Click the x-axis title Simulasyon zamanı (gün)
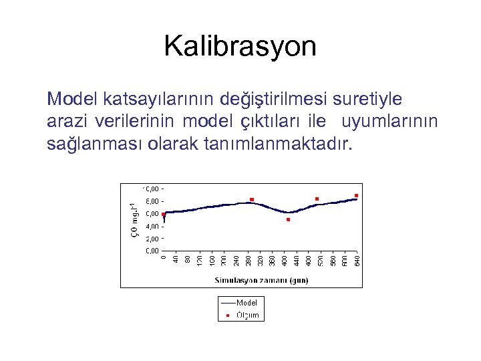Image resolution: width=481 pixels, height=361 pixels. pyautogui.click(x=261, y=280)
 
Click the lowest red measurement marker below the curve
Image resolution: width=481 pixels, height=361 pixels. pyautogui.click(x=288, y=219)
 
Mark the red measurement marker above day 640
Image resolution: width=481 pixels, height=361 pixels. pyautogui.click(x=357, y=195)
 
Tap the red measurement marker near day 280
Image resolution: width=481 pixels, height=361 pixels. pyautogui.click(x=252, y=199)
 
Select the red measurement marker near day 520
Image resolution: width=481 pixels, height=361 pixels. pyautogui.click(x=317, y=199)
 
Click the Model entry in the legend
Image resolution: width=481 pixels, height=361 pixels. pyautogui.click(x=246, y=302)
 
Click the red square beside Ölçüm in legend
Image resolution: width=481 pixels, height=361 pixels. pyautogui.click(x=226, y=315)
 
